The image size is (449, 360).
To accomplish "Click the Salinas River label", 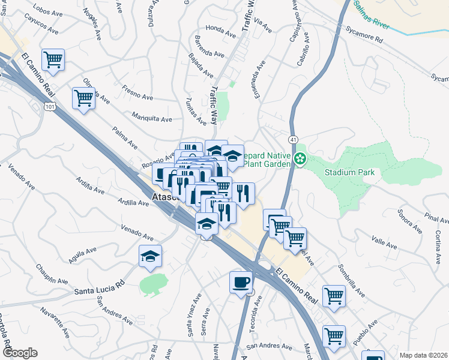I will point(372,16).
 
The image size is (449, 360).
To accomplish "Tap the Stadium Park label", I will point(349,173).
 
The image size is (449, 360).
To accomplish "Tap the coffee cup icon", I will point(241,282).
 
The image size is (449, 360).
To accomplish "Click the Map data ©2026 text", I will point(423,355).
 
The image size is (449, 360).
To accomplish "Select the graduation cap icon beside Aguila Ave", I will point(150,257).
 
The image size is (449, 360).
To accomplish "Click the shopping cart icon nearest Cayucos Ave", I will point(53,59).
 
